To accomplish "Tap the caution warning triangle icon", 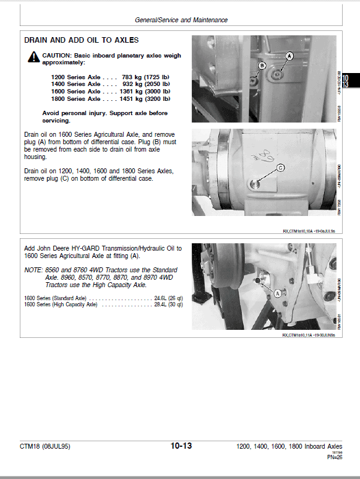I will pyautogui.click(x=32, y=57).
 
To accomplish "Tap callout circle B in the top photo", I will pyautogui.click(x=262, y=65).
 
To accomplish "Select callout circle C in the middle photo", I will pyautogui.click(x=280, y=167).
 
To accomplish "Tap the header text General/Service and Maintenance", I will pyautogui.click(x=181, y=20).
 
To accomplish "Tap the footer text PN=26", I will pyautogui.click(x=334, y=457).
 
